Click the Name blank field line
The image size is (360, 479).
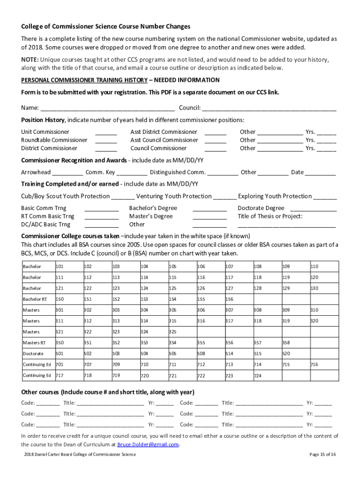108,108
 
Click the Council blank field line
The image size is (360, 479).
269,108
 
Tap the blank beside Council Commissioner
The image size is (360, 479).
216,149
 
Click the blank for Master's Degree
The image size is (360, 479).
209,217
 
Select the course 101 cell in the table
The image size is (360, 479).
68,267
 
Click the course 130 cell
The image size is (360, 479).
323,289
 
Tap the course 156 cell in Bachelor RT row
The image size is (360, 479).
238,299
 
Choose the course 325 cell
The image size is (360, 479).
181,332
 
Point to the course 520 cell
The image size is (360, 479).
295,354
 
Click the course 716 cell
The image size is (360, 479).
323,364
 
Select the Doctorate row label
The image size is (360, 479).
37,354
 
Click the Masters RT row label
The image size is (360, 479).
37,343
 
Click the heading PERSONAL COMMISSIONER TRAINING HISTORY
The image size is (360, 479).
84,80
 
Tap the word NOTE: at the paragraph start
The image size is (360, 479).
30,60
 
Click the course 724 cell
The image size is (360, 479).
266,376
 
